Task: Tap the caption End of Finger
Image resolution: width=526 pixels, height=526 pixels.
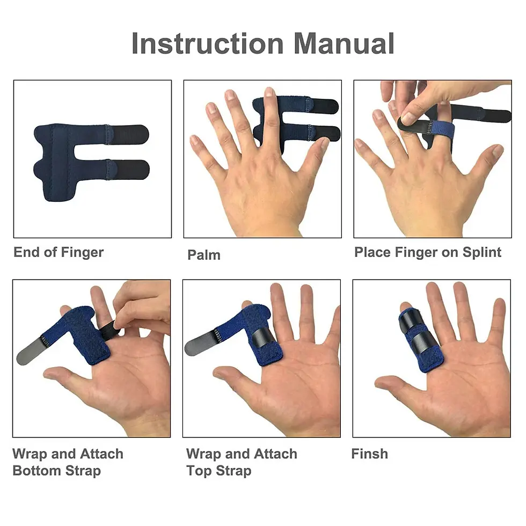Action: coord(59,252)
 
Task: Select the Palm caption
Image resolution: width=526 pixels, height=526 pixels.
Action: coord(203,255)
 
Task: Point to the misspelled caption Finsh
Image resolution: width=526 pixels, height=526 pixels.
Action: coord(369,454)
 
